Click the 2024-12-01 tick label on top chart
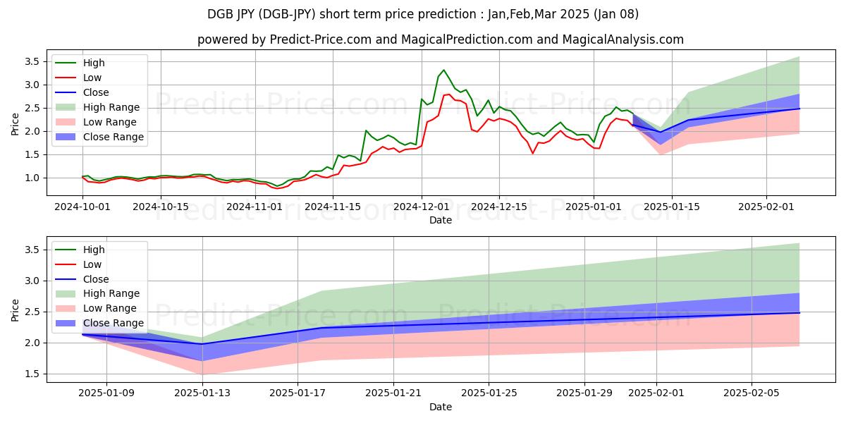(x=422, y=207)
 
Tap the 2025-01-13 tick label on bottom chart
(x=202, y=393)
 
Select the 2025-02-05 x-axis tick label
(x=752, y=393)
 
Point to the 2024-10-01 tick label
(x=83, y=207)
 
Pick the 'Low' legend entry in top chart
(x=92, y=78)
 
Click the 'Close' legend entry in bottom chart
(x=96, y=278)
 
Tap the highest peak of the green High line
(x=443, y=70)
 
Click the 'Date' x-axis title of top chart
(x=441, y=220)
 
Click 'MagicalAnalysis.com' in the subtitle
(x=618, y=39)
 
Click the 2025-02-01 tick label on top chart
(x=765, y=207)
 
